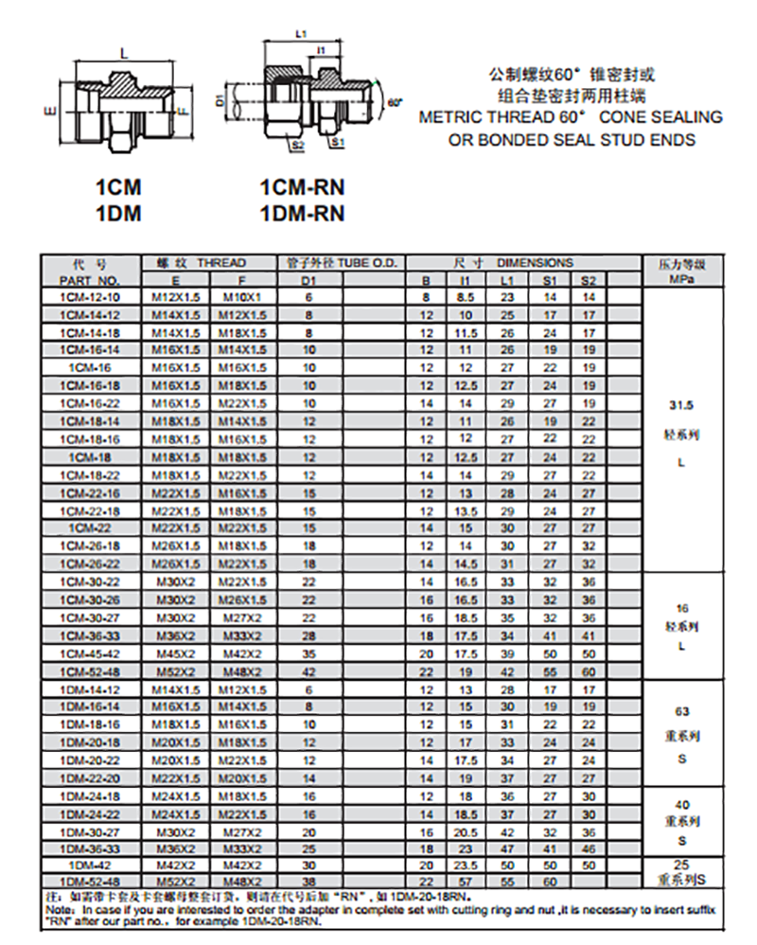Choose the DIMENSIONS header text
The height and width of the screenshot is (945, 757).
pyautogui.click(x=535, y=263)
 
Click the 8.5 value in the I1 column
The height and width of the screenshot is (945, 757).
pyautogui.click(x=465, y=296)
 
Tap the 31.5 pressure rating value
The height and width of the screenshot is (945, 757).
pyautogui.click(x=681, y=404)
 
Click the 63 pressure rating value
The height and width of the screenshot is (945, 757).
pyautogui.click(x=682, y=711)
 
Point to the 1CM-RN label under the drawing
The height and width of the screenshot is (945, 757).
pyautogui.click(x=303, y=189)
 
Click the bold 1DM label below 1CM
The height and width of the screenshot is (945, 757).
pyautogui.click(x=118, y=214)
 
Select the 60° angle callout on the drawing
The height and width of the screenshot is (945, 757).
pyautogui.click(x=395, y=101)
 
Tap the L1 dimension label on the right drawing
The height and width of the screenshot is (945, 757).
pyautogui.click(x=301, y=33)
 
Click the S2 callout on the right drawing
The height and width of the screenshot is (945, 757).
pyautogui.click(x=297, y=145)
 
